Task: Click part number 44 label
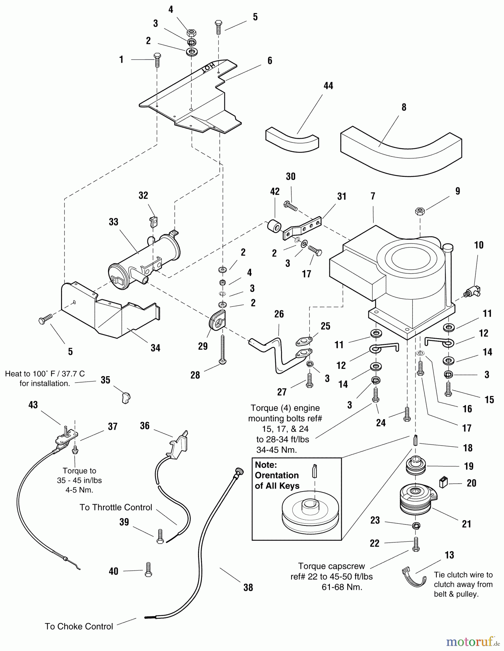tap(328, 86)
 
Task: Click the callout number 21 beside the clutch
tap(466, 524)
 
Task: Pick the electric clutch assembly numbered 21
tap(418, 499)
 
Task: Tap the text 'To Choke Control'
tap(79, 626)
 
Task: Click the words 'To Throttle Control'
tap(116, 507)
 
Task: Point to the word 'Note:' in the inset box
tap(266, 465)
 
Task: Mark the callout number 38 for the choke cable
tap(248, 588)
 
